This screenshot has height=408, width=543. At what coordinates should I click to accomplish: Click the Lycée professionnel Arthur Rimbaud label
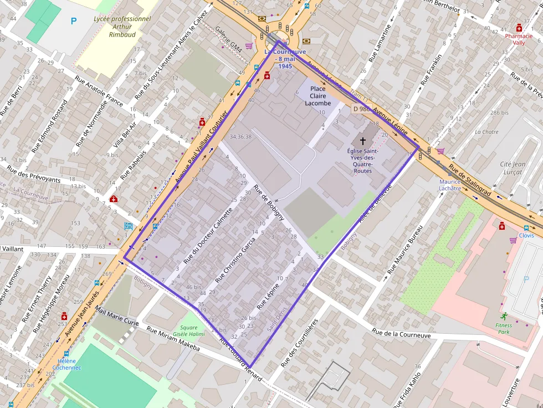(115, 26)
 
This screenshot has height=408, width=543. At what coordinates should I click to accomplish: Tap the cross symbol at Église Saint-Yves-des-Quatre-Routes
(363, 141)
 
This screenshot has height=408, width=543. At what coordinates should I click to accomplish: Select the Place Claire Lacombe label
(317, 96)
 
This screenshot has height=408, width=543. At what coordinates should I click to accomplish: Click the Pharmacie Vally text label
(519, 39)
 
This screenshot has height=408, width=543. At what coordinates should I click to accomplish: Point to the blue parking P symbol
(74, 21)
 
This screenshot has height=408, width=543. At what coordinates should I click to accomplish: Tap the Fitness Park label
(504, 329)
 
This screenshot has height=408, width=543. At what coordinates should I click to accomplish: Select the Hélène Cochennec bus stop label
(66, 364)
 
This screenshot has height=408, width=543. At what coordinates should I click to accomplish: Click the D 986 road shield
(361, 109)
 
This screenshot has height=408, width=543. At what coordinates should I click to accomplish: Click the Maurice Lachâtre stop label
(450, 185)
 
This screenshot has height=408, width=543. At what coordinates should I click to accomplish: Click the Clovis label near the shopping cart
(527, 235)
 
